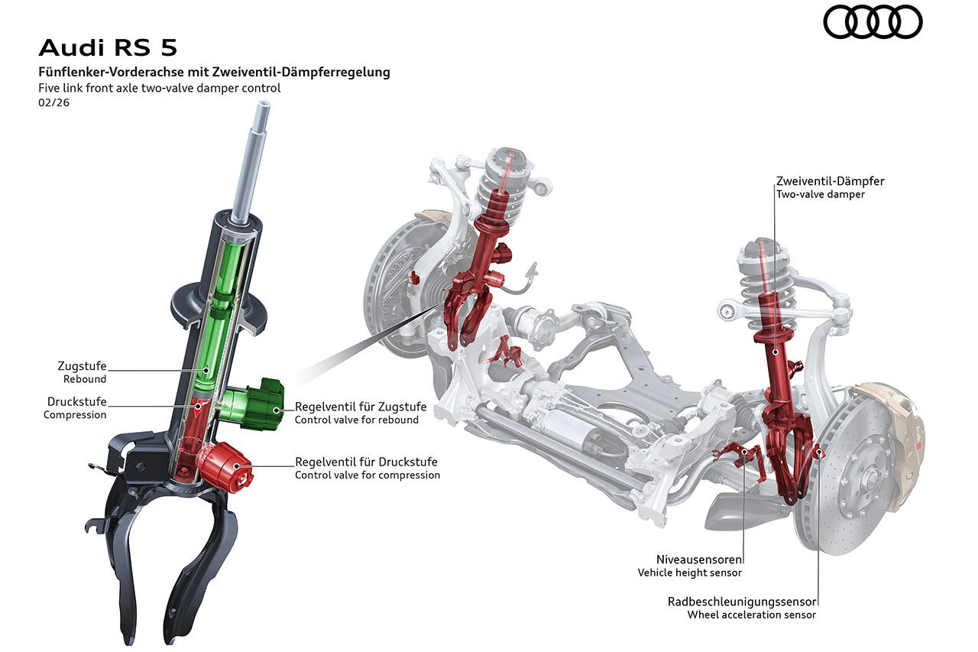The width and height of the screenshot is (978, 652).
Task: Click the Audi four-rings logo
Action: click(x=873, y=21)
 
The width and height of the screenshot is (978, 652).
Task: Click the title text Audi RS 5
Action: click(x=108, y=47)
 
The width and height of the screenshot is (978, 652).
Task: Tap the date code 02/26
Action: click(x=53, y=102)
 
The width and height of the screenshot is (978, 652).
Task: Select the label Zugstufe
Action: click(x=82, y=366)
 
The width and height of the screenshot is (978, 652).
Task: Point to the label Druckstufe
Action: click(x=76, y=402)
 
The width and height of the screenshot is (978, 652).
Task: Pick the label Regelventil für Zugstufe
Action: click(x=361, y=407)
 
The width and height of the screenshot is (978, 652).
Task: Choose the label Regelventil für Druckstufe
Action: click(x=367, y=462)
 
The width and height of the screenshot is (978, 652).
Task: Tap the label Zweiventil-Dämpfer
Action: click(x=830, y=181)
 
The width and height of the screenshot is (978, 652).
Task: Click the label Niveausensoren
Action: click(x=698, y=559)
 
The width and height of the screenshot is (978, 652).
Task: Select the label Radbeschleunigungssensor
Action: click(x=742, y=602)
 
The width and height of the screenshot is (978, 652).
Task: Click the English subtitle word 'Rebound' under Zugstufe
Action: click(x=85, y=379)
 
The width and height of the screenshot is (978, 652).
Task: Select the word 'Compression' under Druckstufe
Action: click(x=75, y=415)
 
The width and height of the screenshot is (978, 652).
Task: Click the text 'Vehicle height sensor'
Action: click(x=689, y=573)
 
